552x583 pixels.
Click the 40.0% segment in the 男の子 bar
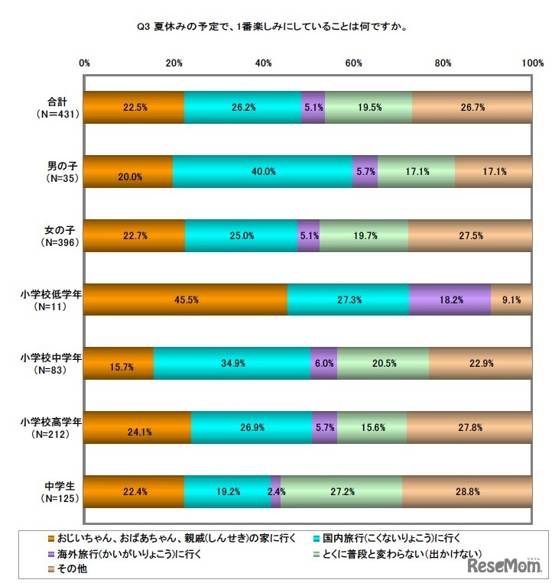point(261,171)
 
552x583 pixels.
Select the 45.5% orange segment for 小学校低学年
point(186,300)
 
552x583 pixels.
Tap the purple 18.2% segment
point(450,300)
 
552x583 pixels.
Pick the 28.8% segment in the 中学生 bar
point(466,491)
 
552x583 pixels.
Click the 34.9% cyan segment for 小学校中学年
point(232,364)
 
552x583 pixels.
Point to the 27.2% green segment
point(341,491)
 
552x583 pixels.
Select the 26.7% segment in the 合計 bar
point(472,108)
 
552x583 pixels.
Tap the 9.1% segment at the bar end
point(511,300)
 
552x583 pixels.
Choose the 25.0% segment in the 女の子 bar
point(241,235)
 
